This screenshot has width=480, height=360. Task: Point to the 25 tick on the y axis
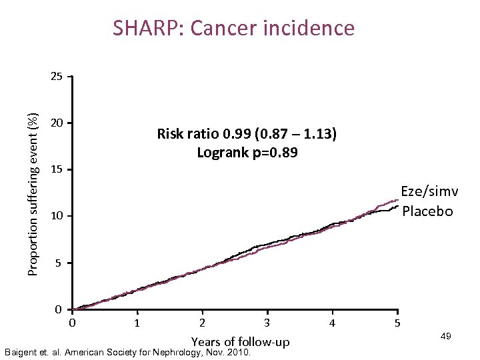(57, 77)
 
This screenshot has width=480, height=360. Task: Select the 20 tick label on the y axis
(57, 123)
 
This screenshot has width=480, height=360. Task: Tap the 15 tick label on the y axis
(57, 170)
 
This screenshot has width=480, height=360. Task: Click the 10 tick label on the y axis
(57, 217)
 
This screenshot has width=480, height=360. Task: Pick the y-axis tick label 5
(59, 263)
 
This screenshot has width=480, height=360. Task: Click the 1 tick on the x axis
(137, 323)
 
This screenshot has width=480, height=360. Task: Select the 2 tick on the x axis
(202, 323)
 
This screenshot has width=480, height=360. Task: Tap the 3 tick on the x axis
(267, 323)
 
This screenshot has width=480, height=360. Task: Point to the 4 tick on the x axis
(332, 323)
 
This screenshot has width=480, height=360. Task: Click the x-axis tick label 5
(397, 323)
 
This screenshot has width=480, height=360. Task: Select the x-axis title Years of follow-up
(240, 342)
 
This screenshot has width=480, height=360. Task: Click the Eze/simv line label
(429, 192)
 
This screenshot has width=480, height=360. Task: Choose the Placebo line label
(428, 211)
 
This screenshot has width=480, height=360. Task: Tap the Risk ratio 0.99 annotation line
(247, 134)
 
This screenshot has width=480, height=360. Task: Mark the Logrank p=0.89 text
(247, 153)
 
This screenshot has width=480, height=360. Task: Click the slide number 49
(446, 337)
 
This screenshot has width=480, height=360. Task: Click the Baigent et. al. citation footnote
(127, 352)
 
